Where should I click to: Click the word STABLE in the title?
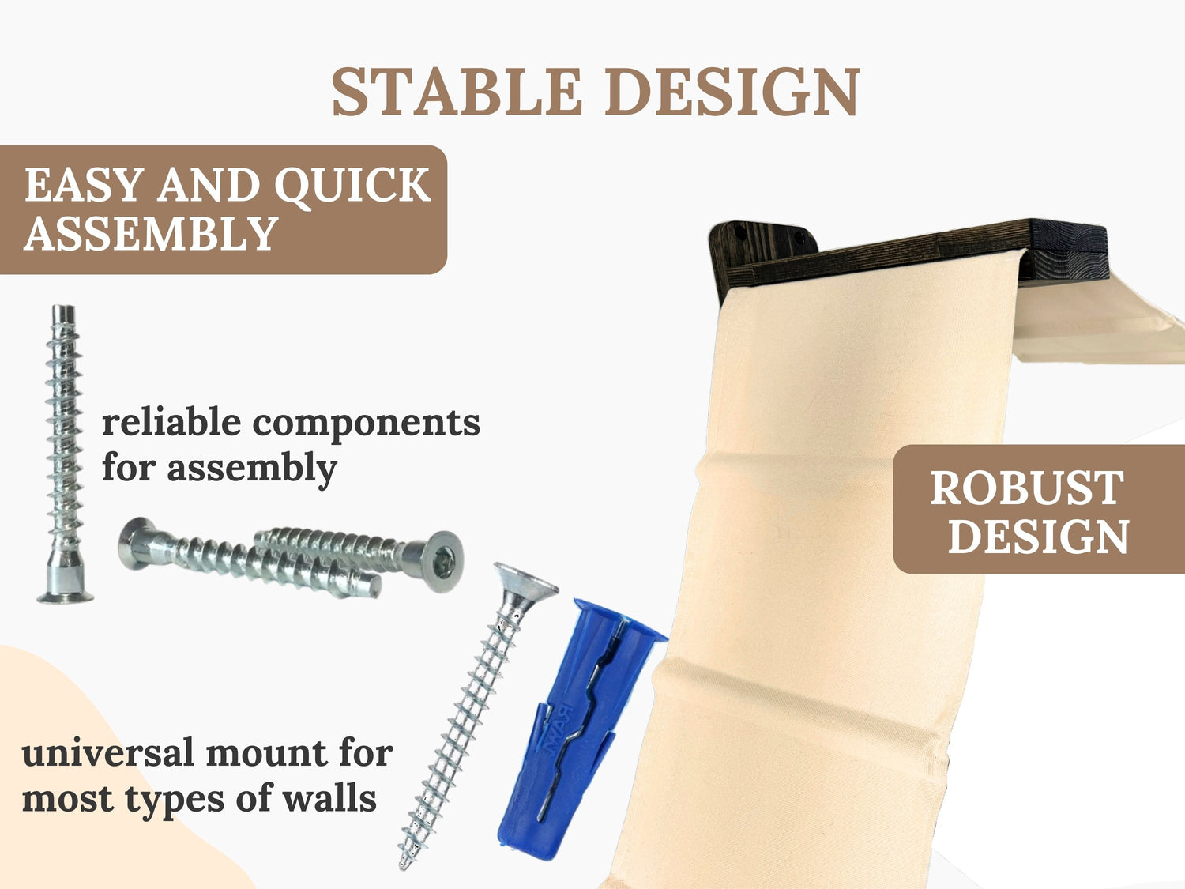point(456,91)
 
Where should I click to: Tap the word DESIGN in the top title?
point(732,91)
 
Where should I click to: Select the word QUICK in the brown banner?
point(352,185)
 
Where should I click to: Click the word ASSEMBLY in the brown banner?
point(151,233)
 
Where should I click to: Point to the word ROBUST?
point(1027,488)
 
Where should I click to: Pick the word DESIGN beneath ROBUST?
point(1038,537)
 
